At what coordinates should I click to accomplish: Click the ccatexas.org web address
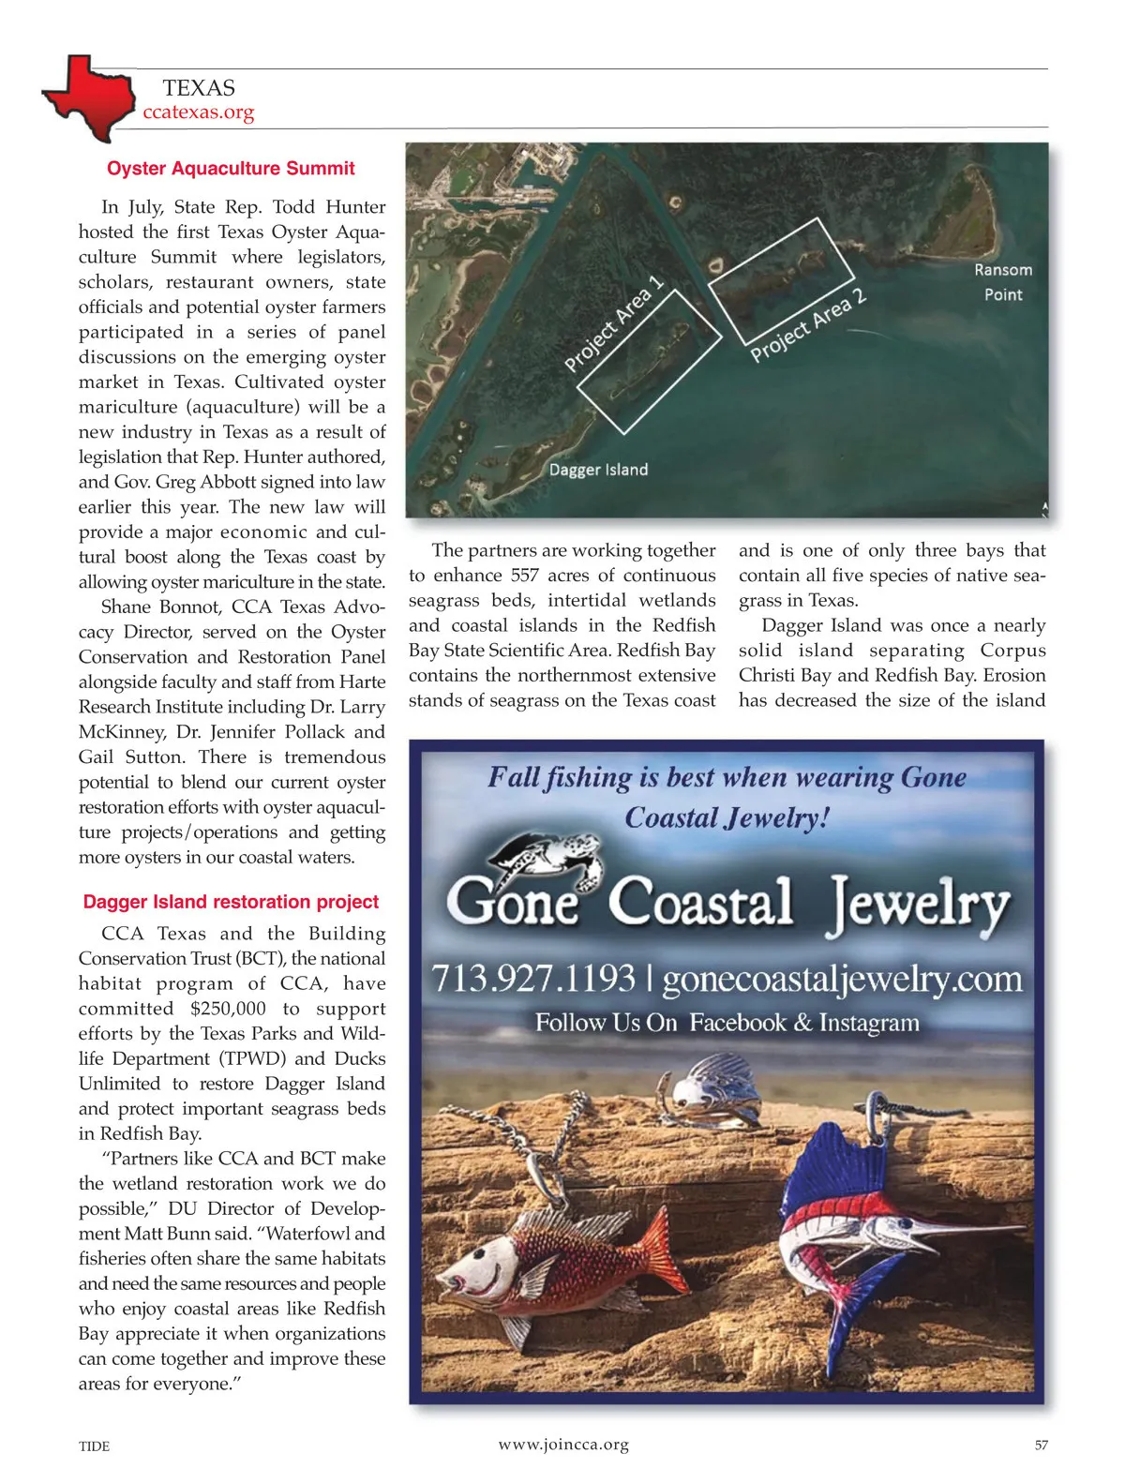click(x=198, y=112)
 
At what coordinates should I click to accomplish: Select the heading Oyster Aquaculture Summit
click(x=231, y=169)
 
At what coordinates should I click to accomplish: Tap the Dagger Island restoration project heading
click(x=231, y=902)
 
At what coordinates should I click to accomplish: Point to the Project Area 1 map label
click(x=614, y=323)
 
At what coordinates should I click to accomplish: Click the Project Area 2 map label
click(x=808, y=326)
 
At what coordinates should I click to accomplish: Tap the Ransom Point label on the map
click(x=1002, y=282)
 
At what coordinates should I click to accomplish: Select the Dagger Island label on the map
click(x=598, y=470)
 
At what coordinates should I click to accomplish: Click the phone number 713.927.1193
click(x=533, y=979)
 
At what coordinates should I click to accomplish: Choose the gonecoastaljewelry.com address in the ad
click(x=842, y=980)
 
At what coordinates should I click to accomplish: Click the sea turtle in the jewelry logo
click(x=548, y=858)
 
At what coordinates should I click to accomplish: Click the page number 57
click(x=1041, y=1446)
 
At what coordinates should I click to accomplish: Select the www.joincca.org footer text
click(x=563, y=1445)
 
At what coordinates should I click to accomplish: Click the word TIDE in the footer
click(x=94, y=1446)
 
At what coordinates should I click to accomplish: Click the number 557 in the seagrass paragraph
click(x=525, y=576)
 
